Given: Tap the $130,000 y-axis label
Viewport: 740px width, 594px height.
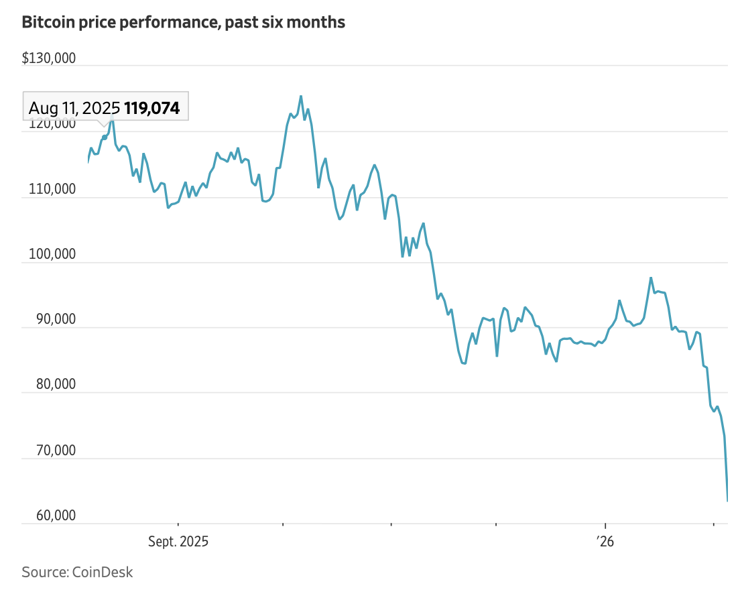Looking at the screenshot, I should click(49, 58).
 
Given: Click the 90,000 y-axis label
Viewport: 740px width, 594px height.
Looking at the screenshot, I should click(52, 320).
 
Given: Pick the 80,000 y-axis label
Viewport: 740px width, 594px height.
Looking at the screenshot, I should click(52, 385).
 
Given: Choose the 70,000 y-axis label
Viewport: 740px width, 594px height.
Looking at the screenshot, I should click(52, 451).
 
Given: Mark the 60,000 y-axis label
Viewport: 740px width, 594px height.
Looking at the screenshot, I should click(52, 516).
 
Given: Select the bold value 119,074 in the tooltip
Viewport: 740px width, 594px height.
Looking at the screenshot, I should click(152, 108).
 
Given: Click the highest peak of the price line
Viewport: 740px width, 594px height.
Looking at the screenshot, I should click(301, 96).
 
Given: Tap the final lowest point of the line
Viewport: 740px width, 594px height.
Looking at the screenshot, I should click(727, 500).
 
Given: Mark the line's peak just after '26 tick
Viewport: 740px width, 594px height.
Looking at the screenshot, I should click(651, 278).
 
